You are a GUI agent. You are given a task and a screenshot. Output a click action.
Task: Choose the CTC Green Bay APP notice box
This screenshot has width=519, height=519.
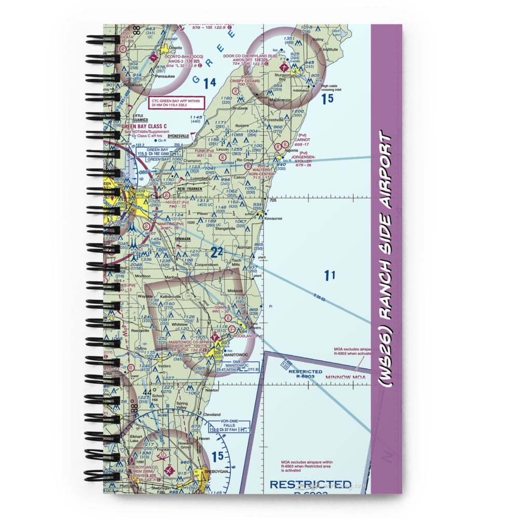176,102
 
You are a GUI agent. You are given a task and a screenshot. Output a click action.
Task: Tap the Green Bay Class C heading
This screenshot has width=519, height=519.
144,126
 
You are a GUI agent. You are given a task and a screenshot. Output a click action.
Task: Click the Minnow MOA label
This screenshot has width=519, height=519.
345,377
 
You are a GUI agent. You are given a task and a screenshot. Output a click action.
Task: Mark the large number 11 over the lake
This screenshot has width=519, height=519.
330,276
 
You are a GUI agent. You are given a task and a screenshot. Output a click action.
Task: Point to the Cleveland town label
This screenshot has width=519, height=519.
212,415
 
